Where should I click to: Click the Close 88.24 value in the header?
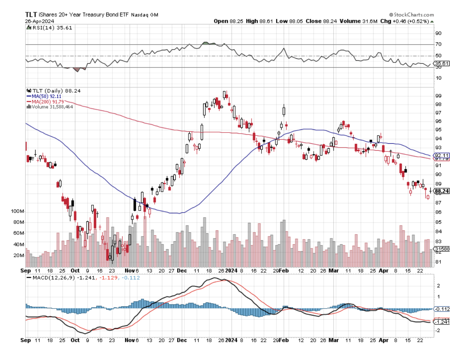(x=321, y=21)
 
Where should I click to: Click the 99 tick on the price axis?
(x=438, y=96)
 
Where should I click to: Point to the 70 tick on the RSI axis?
(x=438, y=44)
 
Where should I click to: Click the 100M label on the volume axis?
(x=18, y=212)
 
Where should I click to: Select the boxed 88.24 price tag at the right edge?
(x=442, y=191)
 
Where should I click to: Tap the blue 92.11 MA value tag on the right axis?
(x=441, y=155)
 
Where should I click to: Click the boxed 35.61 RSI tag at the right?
(x=441, y=63)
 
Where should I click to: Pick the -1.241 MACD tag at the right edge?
(x=441, y=322)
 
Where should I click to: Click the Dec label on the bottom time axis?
(x=182, y=340)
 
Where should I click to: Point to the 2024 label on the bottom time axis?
(x=231, y=340)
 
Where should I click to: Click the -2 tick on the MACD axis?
(x=438, y=331)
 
